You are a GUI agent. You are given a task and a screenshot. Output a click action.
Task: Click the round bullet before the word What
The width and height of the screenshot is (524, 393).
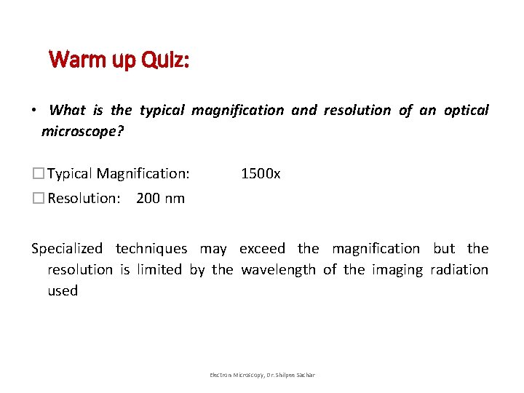(34, 111)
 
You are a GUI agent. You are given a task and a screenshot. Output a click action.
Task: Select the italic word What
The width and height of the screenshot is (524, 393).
(68, 111)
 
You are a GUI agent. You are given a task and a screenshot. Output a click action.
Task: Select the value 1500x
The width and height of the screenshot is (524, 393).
(261, 174)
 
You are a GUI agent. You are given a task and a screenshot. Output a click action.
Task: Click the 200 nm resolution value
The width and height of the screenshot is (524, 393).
(160, 198)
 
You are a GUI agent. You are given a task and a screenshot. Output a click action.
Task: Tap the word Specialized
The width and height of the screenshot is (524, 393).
(67, 249)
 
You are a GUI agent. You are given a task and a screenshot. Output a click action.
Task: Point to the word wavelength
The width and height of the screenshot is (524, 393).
(279, 270)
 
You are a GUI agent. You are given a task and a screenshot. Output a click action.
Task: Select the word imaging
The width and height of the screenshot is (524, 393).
(397, 270)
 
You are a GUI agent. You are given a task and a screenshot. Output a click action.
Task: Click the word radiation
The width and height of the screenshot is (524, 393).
(459, 270)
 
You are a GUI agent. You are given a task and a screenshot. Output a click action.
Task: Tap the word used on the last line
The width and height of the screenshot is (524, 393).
(63, 291)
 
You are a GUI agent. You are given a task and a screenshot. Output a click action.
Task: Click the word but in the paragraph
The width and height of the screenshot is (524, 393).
(444, 249)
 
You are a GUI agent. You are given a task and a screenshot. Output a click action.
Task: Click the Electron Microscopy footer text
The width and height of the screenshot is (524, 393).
(262, 375)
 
